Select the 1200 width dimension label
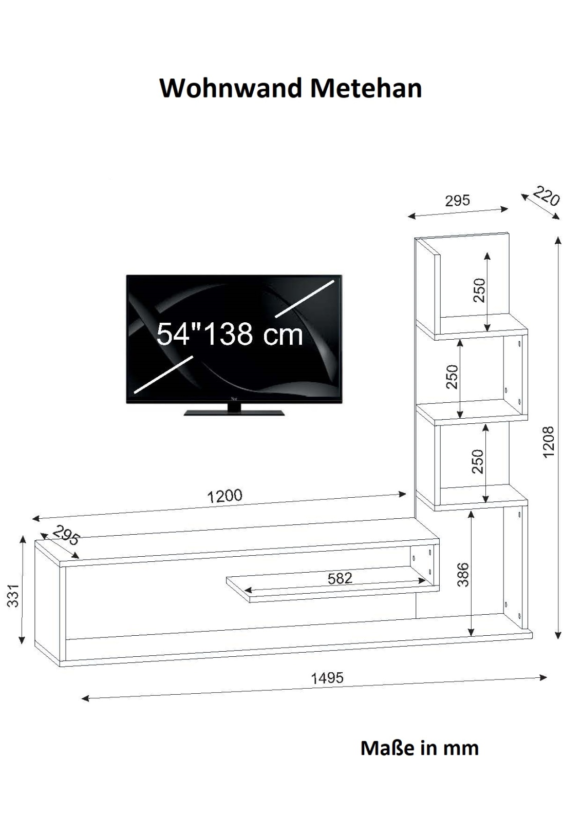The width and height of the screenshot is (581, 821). click(224, 496)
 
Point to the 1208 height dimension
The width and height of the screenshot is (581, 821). click(548, 442)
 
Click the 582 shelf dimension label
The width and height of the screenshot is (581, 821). click(340, 578)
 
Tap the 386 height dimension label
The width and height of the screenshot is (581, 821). click(464, 575)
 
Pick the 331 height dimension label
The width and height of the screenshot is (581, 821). click(13, 596)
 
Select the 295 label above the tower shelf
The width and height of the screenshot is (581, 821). click(457, 201)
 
